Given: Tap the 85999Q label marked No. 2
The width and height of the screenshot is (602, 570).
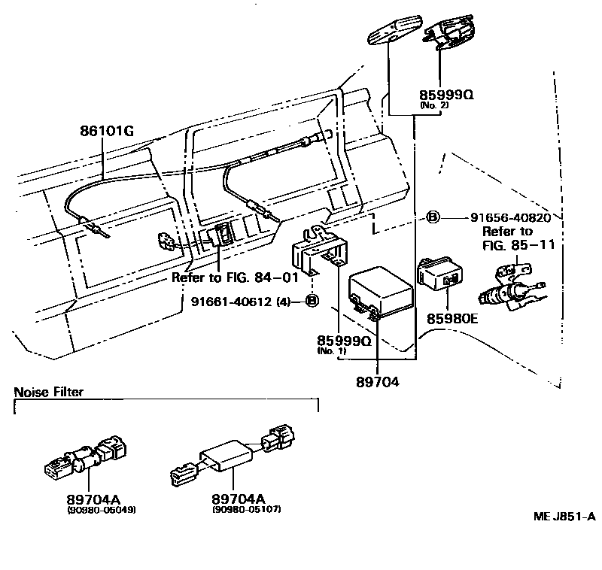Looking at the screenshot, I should (x=445, y=96).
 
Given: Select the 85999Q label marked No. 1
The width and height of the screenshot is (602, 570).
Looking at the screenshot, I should (x=345, y=341).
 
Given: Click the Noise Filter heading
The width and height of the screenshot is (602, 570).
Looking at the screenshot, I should (x=49, y=392).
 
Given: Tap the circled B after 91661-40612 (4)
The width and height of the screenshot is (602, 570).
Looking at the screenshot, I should (x=312, y=302).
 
